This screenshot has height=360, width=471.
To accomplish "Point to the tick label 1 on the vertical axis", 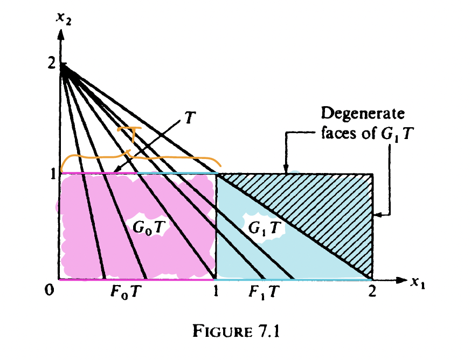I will pyautogui.click(x=52, y=174).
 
